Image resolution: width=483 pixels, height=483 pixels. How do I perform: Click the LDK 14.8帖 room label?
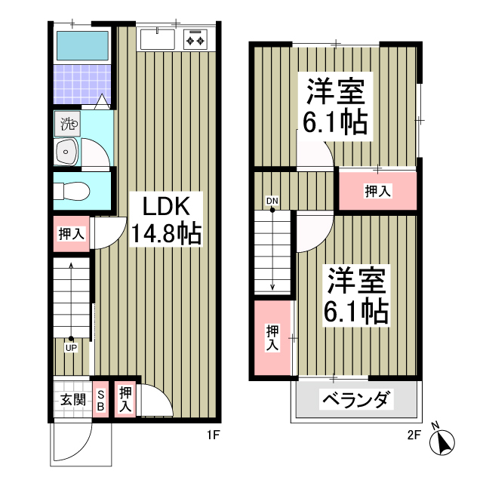(166, 220)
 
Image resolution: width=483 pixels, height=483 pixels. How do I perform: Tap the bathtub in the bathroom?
(82, 48)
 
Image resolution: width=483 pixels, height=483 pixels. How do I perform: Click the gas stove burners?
(195, 38)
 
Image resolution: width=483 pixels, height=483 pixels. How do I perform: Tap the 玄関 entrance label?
(72, 399)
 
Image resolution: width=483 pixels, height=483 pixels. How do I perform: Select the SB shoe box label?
(100, 399)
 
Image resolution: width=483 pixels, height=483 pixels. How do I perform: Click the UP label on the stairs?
(69, 348)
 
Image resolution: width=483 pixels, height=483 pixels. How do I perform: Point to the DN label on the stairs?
(272, 201)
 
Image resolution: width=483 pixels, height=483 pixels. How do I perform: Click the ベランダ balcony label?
(358, 398)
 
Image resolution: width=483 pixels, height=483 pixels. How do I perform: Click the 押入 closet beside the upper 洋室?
(377, 192)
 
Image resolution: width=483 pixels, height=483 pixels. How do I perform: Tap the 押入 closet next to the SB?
(125, 398)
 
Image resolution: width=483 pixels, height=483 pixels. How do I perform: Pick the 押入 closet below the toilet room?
(71, 234)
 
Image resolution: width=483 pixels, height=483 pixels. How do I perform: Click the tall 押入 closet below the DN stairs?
(272, 337)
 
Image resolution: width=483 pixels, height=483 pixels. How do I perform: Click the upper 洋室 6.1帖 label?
(336, 106)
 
